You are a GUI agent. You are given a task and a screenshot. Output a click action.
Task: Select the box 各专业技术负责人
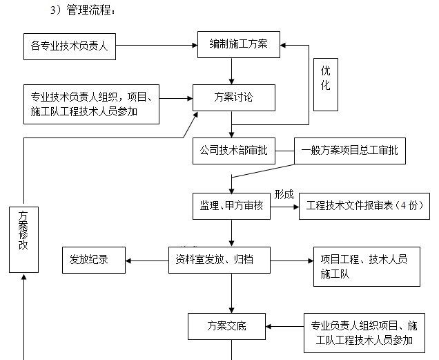[x=69, y=46]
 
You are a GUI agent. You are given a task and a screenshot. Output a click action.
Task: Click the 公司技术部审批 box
[x=233, y=150]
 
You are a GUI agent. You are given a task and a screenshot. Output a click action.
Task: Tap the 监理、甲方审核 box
[x=231, y=205]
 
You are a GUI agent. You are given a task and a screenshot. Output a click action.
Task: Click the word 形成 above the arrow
[x=284, y=194]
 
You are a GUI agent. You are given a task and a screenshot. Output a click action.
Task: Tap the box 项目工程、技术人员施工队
[x=366, y=267]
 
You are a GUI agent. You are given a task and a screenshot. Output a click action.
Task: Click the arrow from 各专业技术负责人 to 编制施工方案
[x=157, y=46]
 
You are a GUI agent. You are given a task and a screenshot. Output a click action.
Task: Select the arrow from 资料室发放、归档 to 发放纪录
[x=146, y=260]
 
